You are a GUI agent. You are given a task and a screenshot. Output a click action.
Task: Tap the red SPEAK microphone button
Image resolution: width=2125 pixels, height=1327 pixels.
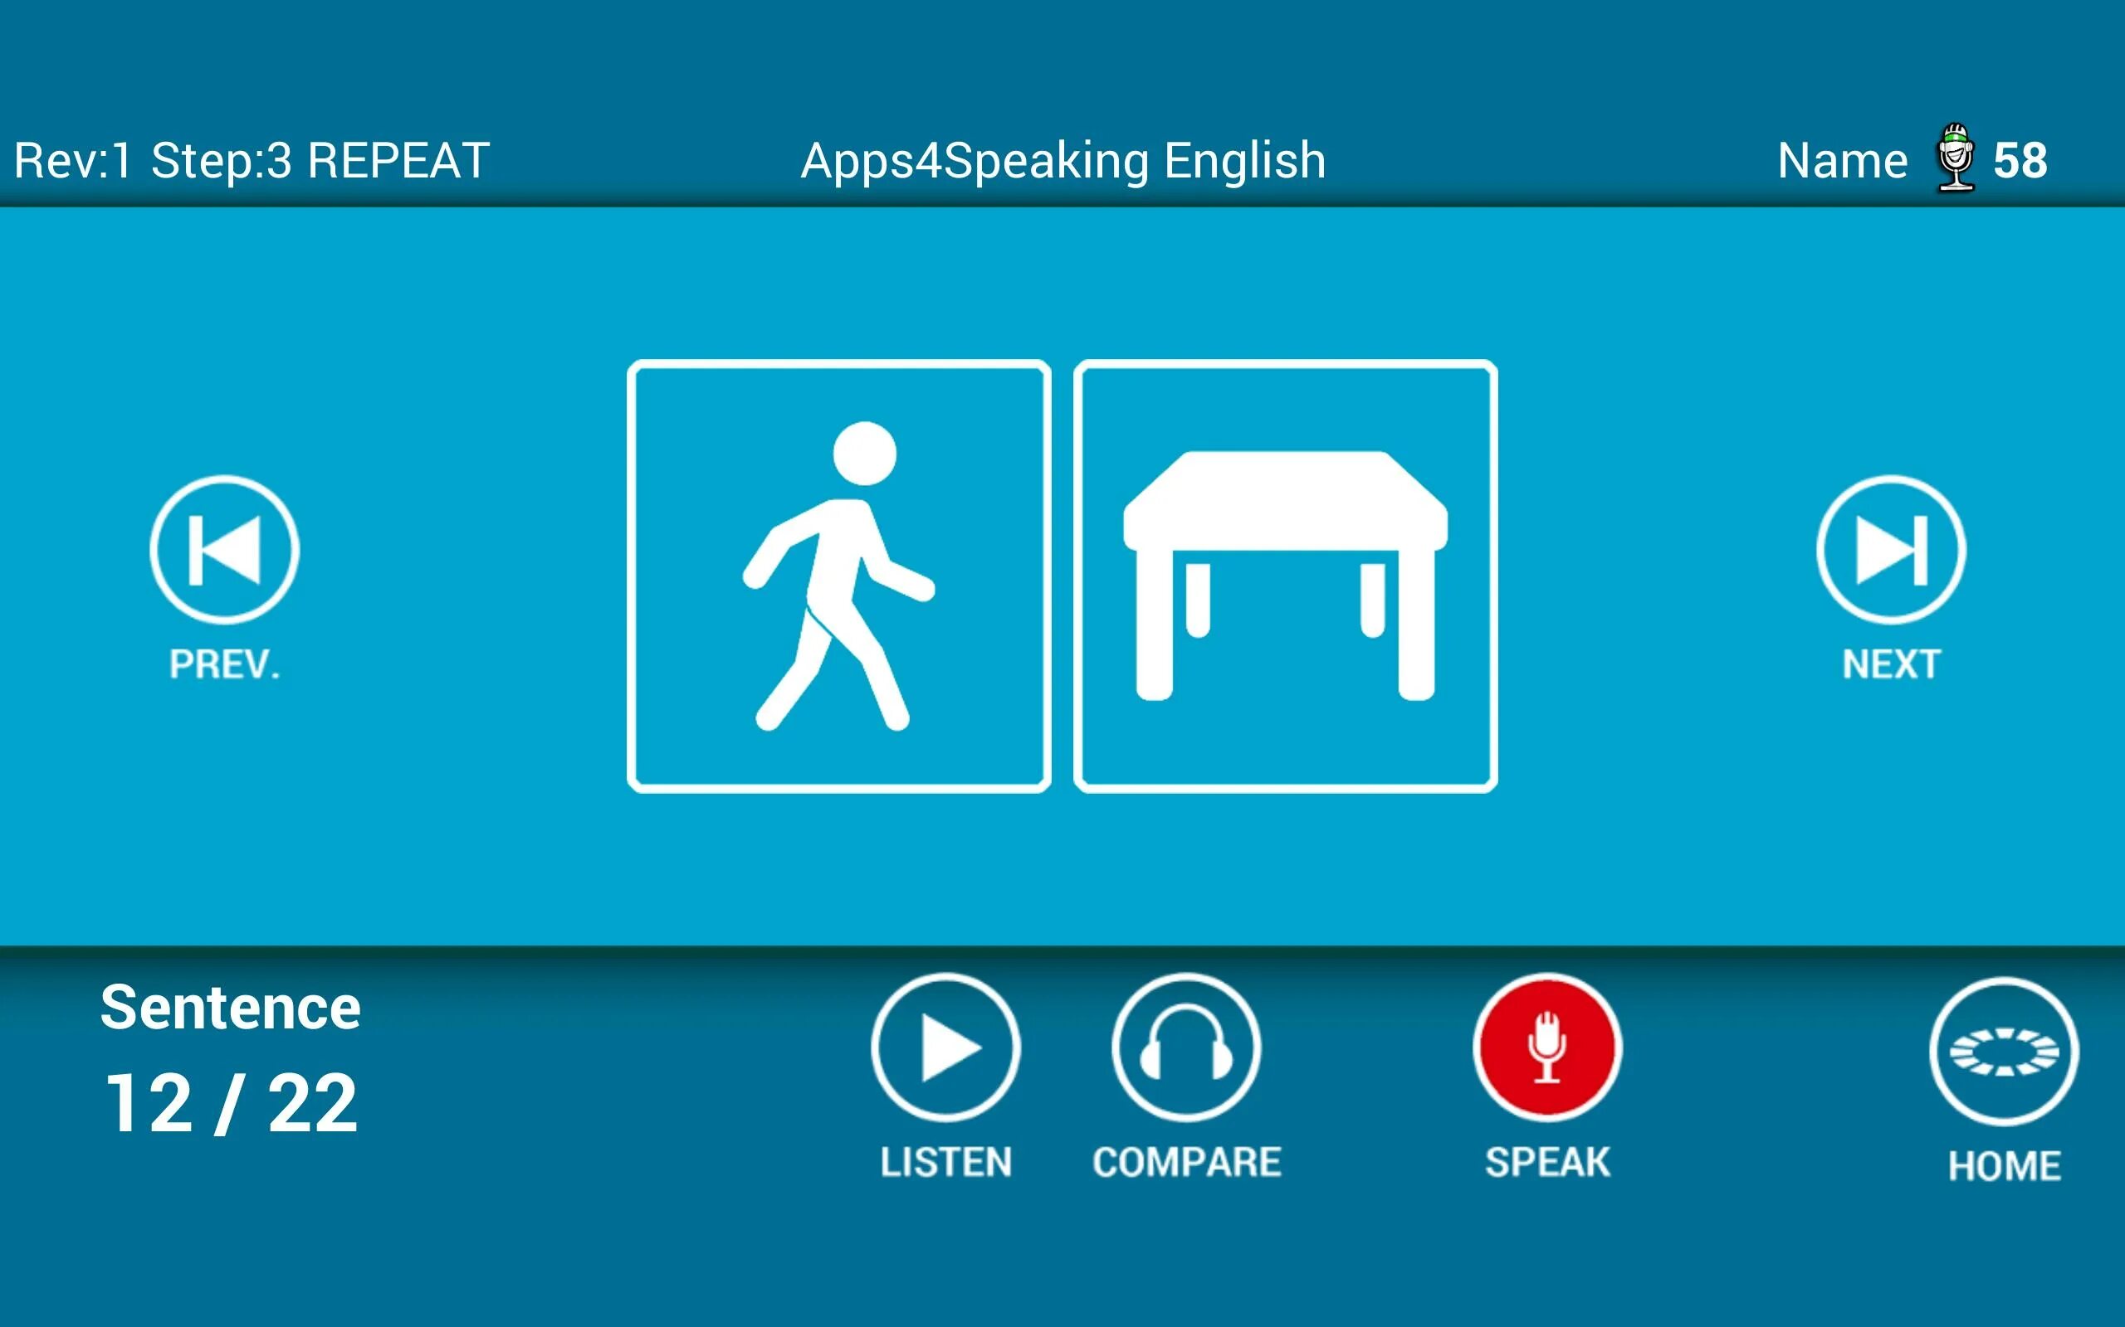click(1547, 1047)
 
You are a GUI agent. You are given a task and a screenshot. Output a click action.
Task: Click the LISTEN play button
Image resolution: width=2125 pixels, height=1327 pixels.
click(945, 1047)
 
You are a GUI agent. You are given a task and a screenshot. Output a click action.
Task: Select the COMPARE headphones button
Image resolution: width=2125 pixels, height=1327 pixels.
click(1186, 1047)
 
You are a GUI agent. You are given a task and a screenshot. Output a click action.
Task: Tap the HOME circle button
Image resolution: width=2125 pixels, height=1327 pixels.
click(2004, 1052)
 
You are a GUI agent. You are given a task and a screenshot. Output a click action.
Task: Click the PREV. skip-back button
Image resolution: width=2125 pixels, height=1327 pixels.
click(225, 549)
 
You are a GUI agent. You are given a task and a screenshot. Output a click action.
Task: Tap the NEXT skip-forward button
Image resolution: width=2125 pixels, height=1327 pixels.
click(1891, 549)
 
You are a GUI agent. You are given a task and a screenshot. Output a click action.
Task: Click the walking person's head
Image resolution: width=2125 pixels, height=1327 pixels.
click(865, 453)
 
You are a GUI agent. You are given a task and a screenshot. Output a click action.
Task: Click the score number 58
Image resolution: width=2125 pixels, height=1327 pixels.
click(2020, 162)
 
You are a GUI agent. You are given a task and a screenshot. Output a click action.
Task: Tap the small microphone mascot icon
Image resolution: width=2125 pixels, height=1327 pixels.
click(1956, 158)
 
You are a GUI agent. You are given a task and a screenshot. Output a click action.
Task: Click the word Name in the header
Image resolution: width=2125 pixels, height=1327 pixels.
click(1842, 162)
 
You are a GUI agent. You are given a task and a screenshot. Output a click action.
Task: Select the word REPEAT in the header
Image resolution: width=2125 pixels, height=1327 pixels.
click(398, 162)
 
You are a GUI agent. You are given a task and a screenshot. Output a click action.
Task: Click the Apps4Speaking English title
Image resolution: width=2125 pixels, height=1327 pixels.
click(1062, 162)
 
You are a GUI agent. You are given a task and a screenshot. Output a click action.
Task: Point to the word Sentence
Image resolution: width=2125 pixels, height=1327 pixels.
click(230, 1008)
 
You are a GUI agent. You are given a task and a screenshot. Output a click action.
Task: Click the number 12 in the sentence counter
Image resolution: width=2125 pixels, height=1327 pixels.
click(149, 1104)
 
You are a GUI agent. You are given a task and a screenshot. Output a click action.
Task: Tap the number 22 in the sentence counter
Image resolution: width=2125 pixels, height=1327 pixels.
click(313, 1104)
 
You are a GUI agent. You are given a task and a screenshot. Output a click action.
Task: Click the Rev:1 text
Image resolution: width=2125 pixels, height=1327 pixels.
click(72, 162)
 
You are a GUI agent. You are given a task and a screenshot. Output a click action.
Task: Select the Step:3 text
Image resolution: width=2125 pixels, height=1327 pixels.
click(222, 162)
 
